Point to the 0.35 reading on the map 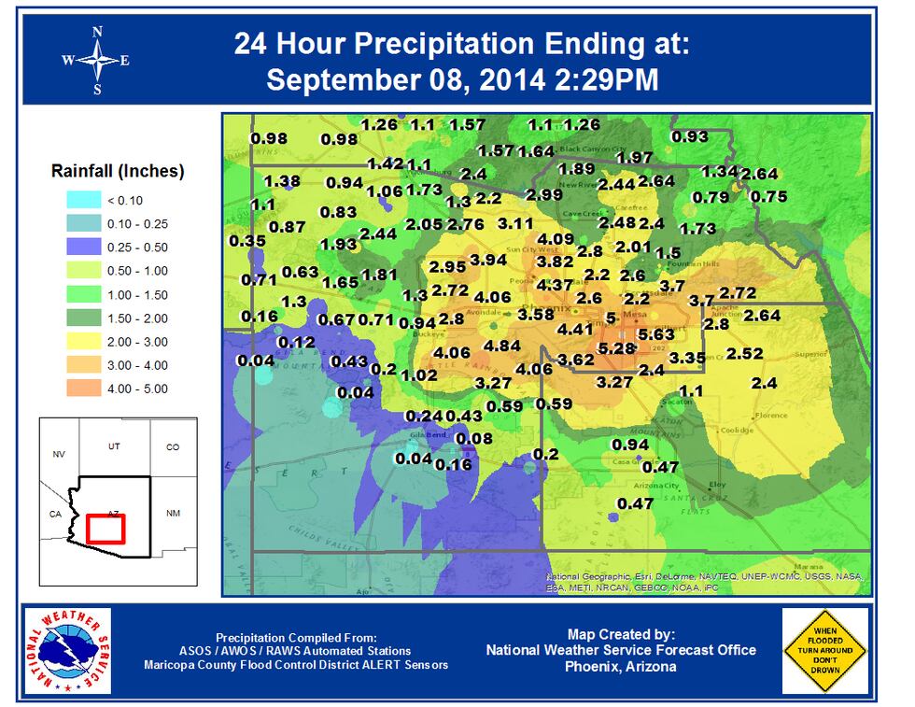click(x=246, y=240)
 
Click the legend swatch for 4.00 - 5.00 click(x=87, y=388)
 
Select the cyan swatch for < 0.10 click(x=87, y=200)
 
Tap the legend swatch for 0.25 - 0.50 click(x=87, y=247)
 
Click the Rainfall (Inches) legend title click(x=118, y=172)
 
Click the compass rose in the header click(x=97, y=60)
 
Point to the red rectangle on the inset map click(x=106, y=529)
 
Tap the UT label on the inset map click(x=114, y=447)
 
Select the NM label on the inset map click(x=172, y=514)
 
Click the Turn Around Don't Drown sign click(x=824, y=651)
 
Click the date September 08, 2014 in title click(x=402, y=79)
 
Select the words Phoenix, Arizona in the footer click(x=621, y=666)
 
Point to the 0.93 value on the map click(x=690, y=136)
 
